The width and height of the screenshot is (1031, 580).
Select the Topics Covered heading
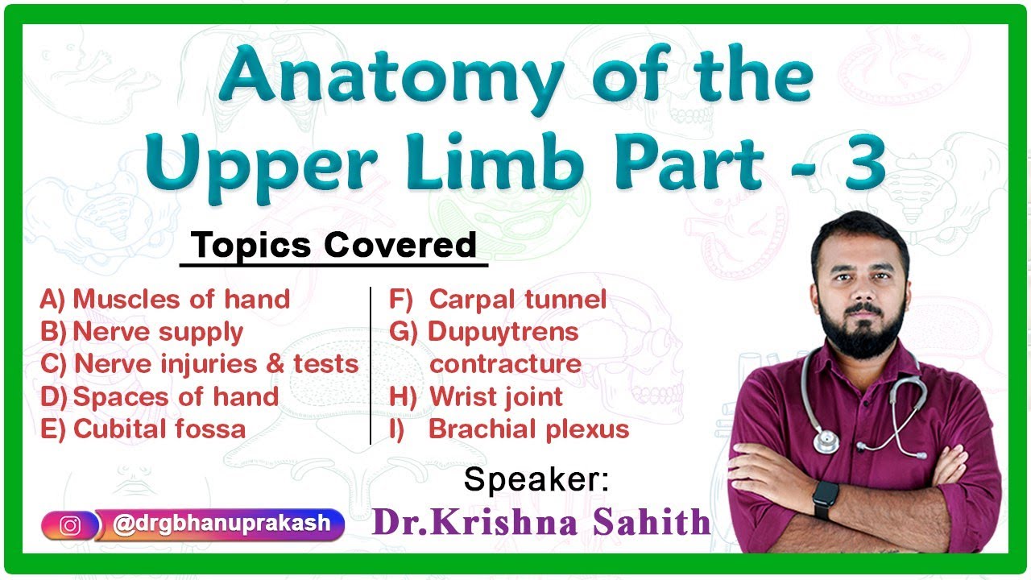point(334,246)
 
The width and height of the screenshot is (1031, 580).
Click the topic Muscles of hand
point(180,300)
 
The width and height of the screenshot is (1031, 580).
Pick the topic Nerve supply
point(158,332)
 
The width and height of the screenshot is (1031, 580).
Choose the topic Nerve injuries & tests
point(216,364)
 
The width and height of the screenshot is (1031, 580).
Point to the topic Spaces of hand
point(176,396)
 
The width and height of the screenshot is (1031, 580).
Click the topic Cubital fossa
point(159,429)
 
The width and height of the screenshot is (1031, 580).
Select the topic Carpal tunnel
point(517,300)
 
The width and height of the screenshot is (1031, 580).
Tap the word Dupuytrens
point(503,331)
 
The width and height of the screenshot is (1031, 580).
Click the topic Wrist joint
point(496,396)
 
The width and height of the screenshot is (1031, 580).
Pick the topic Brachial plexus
point(528,429)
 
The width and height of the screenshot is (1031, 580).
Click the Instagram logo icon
point(71,525)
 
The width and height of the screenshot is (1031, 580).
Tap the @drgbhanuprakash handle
point(222,524)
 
